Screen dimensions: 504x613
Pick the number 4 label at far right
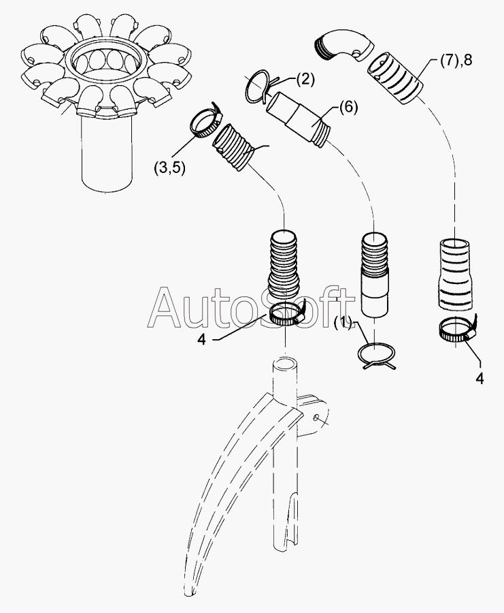(x=480, y=379)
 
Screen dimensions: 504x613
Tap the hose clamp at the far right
(x=457, y=331)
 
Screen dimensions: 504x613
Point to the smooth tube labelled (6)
(x=295, y=117)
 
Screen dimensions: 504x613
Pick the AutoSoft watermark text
(x=252, y=308)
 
